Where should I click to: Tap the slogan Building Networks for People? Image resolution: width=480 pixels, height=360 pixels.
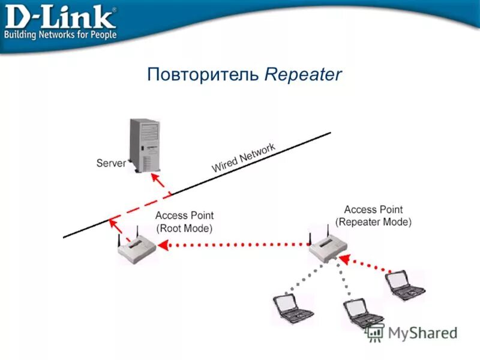tap(60, 34)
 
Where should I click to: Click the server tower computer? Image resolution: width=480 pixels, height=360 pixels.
tap(145, 144)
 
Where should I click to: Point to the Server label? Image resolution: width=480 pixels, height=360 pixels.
tap(111, 163)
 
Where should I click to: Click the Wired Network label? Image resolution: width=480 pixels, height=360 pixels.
tap(243, 158)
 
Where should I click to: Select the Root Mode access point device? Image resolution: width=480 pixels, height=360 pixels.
tap(136, 249)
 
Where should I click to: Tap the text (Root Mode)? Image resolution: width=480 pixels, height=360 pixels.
tap(184, 228)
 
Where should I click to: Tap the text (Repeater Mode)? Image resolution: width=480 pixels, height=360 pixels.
tap(373, 221)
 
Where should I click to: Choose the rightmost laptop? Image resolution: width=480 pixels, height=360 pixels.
tap(405, 285)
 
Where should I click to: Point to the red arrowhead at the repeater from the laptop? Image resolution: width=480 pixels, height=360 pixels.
tap(343, 258)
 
